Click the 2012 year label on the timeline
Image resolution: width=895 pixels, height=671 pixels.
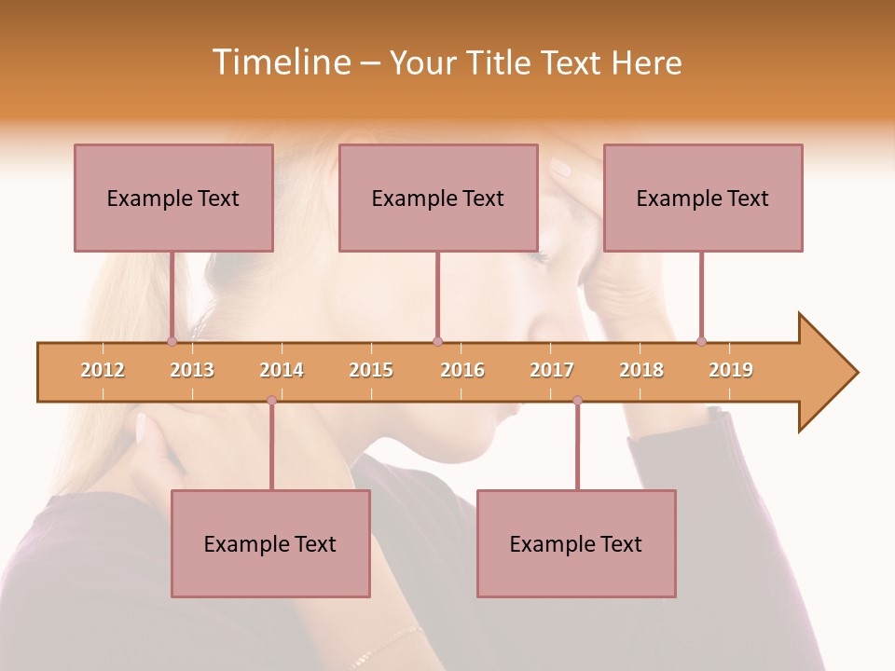point(103,370)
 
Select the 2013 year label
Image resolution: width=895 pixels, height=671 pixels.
point(192,370)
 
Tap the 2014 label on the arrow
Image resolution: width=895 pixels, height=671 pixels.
point(282,370)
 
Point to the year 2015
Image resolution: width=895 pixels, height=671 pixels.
point(371,370)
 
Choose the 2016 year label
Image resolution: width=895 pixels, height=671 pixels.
point(462,370)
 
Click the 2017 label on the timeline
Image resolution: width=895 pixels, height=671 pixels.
point(552,370)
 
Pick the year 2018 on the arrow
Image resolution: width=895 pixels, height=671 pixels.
point(641,370)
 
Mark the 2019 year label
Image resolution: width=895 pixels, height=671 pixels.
point(731,370)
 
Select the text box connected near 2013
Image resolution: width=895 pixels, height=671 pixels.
point(173,198)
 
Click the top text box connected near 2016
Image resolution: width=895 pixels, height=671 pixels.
point(438,198)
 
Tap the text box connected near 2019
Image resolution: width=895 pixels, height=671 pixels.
point(703,198)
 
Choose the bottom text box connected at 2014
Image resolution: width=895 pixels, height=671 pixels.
point(270,543)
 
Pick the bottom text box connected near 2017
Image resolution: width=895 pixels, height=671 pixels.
point(576,543)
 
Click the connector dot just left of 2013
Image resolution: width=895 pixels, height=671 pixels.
point(172,341)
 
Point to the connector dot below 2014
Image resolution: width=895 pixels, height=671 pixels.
point(271,400)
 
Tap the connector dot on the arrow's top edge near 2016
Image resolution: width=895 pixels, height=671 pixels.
point(437,341)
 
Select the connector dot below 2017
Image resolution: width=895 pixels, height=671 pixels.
point(577,400)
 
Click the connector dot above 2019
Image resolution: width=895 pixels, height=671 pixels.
point(701,341)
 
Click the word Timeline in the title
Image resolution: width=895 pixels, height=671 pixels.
point(281,62)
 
